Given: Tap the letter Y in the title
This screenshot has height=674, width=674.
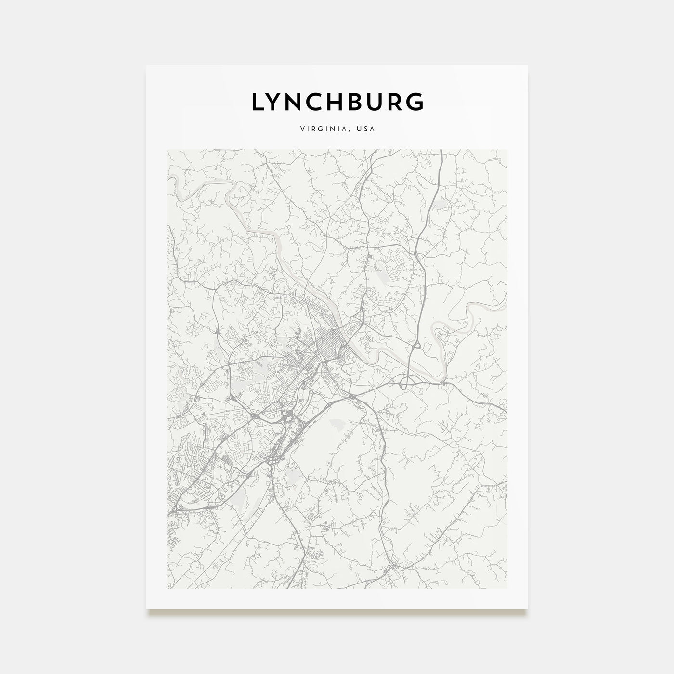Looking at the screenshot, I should click(277, 102).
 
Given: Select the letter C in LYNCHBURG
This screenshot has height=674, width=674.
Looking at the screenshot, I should click(322, 102).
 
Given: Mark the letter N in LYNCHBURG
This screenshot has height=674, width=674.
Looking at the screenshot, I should click(299, 102).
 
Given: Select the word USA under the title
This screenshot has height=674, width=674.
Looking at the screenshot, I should click(366, 129).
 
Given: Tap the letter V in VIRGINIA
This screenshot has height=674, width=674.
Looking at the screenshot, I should click(301, 129).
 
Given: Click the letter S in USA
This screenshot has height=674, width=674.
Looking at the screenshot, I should click(366, 129).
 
